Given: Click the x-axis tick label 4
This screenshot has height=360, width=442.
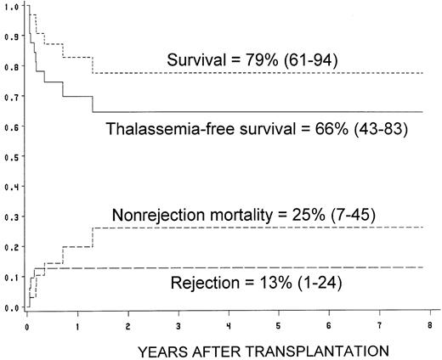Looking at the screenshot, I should coord(229,325).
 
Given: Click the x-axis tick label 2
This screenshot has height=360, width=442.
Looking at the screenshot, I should coord(128,325).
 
